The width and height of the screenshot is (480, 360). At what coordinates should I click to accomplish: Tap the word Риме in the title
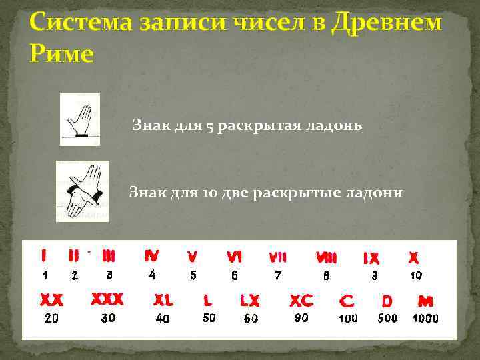(61, 54)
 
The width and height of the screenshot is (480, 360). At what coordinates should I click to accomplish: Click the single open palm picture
(79, 119)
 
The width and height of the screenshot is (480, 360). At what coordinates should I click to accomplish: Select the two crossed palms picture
(82, 191)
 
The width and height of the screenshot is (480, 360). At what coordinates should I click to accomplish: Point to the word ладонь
(333, 125)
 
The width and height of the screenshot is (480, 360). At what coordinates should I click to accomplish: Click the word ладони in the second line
(373, 193)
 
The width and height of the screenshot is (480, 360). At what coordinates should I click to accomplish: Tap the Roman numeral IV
(152, 255)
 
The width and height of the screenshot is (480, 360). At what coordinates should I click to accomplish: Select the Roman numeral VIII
(326, 257)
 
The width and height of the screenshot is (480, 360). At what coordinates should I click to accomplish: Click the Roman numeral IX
(371, 257)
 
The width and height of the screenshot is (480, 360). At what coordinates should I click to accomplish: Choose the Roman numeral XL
(163, 300)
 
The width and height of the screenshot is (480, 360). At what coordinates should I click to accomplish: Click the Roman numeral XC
(301, 300)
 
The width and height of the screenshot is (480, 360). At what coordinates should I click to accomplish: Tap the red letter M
(425, 301)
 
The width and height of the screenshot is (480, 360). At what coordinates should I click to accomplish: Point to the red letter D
(387, 301)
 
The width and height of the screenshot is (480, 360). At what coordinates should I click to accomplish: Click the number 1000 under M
(425, 318)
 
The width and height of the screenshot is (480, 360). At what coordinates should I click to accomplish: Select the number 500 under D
(387, 318)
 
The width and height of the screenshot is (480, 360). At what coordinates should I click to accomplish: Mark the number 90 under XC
(301, 318)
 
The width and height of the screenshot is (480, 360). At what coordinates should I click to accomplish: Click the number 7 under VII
(278, 274)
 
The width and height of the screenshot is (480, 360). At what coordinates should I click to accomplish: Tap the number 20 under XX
(51, 318)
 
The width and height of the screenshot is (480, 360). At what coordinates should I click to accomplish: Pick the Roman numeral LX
(250, 300)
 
